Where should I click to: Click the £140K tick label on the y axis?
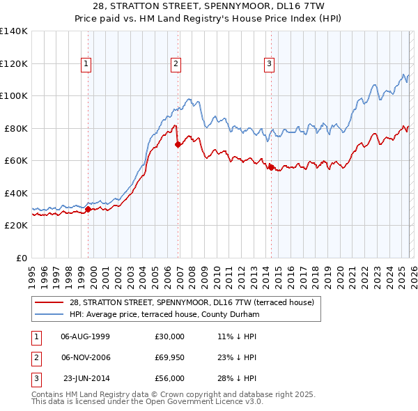click(x=13, y=31)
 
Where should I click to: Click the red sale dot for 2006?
click(x=178, y=145)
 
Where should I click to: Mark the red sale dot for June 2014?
click(x=272, y=167)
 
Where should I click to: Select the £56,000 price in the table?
click(x=169, y=378)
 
